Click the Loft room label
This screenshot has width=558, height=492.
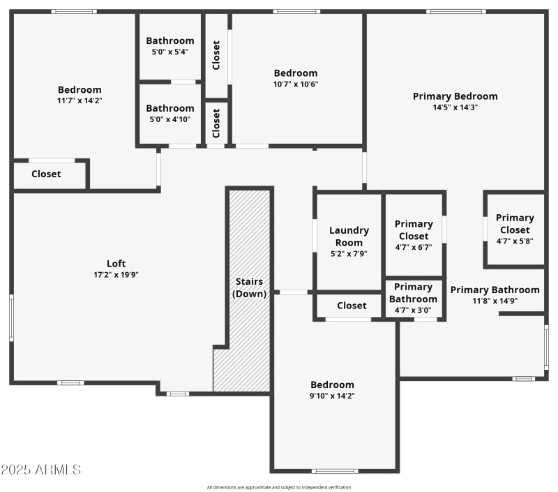coord(116,263)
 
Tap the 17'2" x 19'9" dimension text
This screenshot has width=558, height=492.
coord(116,274)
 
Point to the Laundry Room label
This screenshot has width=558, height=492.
coord(349,237)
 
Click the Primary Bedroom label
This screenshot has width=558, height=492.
coord(455,96)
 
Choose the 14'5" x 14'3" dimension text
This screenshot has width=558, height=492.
coord(455,107)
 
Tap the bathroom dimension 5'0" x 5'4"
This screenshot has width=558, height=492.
coord(170,52)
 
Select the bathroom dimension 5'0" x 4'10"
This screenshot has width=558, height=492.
coord(170,119)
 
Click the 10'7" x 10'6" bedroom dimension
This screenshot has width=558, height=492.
coord(295,84)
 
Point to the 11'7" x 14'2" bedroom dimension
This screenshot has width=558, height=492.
coord(80,100)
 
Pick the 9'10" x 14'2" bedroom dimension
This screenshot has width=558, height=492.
coord(332,396)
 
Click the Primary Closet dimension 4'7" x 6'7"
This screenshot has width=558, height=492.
coord(414,247)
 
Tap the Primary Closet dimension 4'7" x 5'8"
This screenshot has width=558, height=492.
coord(515,241)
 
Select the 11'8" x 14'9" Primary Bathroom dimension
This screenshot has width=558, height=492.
coord(495,301)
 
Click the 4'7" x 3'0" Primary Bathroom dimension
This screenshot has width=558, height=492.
coord(414,310)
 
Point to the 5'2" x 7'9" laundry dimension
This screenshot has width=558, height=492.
coord(349,254)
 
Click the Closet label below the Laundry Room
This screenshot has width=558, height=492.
coord(352,306)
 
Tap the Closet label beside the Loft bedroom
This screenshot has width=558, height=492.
coord(46,174)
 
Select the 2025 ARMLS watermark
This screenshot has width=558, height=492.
coord(40,470)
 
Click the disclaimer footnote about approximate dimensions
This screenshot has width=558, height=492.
coord(279,487)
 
